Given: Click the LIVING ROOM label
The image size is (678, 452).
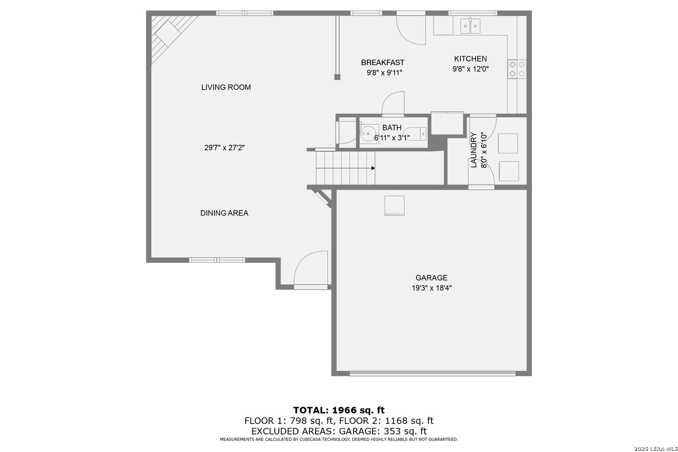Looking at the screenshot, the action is point(226,87).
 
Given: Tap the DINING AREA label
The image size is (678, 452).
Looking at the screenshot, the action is point(224,213).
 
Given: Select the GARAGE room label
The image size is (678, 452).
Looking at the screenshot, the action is point(431,277).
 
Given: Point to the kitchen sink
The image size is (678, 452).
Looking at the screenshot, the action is point(470,26).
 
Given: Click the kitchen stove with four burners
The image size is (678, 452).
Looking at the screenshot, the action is point(517,69).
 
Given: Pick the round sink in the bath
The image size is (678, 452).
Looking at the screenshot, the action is point(369,134).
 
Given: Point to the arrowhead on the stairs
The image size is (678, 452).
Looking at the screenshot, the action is point(373,168).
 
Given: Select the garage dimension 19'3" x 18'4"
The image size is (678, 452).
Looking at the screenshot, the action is point(431,288).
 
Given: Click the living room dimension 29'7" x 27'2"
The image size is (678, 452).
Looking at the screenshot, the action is point(224,148).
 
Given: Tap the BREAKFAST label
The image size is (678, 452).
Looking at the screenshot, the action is point(383,62).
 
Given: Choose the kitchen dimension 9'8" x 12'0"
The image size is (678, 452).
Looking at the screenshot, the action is point(470,69).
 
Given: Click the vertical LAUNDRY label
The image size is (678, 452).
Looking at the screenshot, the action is point(474,150).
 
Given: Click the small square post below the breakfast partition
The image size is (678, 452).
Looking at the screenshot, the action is point(337,77).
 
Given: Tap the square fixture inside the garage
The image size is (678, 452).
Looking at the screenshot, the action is point(394,205).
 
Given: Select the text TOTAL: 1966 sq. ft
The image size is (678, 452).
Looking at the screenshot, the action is point(339,410).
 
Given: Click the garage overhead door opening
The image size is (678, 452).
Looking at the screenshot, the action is point(432,374).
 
